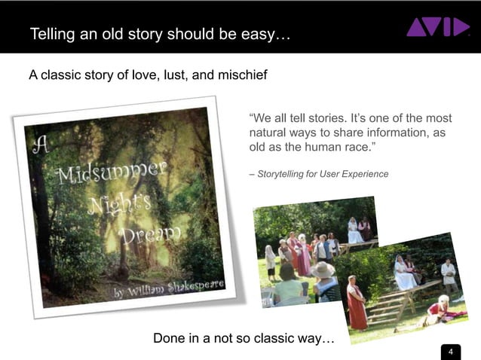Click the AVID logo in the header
pos(437,27)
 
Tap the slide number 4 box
pos(450,352)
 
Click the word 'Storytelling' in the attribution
pos(283,174)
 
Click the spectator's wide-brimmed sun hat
pos(323,269)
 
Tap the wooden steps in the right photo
pos(388,304)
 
